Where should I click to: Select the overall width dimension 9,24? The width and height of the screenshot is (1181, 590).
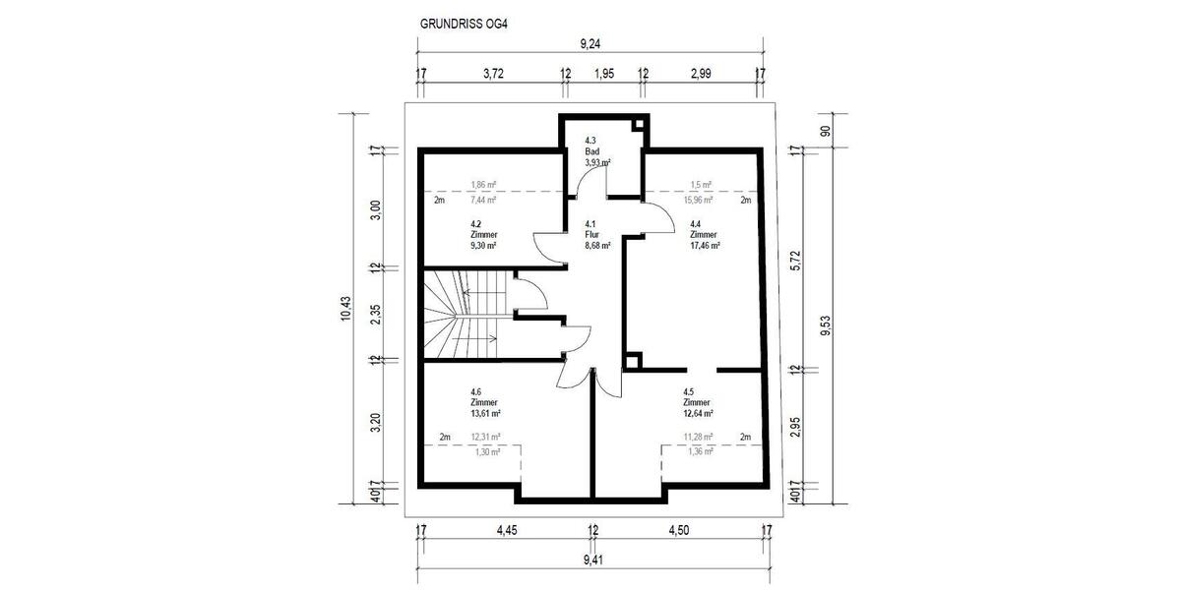pos(590,43)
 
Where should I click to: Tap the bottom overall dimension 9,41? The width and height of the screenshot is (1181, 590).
pos(591,560)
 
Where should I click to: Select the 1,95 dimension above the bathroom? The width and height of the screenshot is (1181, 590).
pos(603,74)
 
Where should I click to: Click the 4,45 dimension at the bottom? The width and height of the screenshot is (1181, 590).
pos(506,531)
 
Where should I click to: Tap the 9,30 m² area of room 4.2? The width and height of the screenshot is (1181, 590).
pos(483,246)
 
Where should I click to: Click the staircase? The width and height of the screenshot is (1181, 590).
pos(463,315)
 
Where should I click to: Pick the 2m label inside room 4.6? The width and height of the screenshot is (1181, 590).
pos(444,437)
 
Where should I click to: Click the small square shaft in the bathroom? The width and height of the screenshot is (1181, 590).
pos(638,125)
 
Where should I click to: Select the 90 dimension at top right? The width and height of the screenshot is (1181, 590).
pos(826,131)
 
